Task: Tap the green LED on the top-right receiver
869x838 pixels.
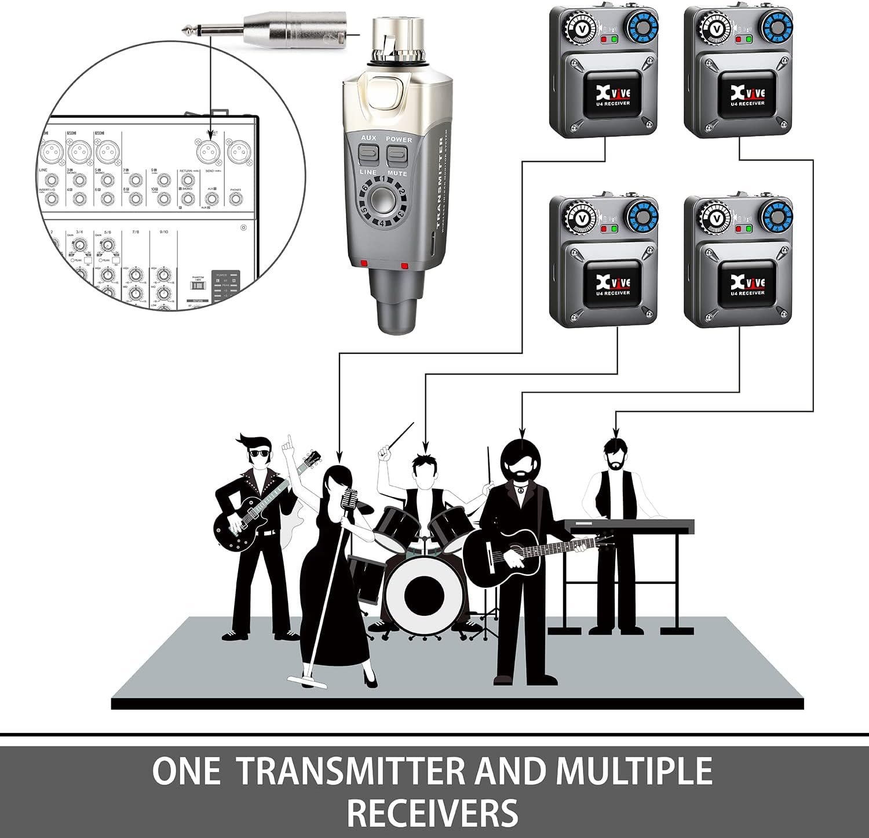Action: (748, 40)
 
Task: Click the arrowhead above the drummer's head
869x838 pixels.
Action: (426, 449)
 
